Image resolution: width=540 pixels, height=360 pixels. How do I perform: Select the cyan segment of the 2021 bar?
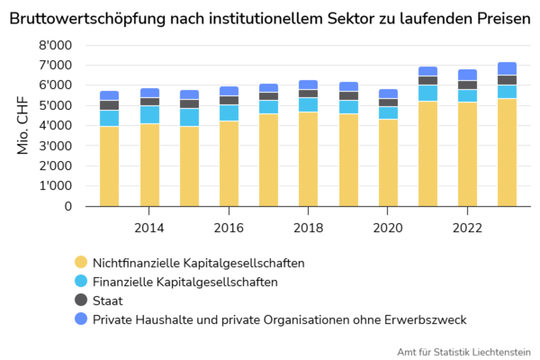[427, 93]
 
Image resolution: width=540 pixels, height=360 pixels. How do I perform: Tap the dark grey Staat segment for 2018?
[308, 94]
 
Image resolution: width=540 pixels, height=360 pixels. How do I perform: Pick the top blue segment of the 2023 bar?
[507, 68]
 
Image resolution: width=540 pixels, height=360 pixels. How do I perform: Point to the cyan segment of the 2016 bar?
[229, 112]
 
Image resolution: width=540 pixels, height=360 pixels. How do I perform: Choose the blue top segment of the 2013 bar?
[110, 95]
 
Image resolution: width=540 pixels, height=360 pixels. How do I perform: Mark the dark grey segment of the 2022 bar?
[467, 85]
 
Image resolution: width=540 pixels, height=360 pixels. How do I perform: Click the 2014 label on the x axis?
[149, 228]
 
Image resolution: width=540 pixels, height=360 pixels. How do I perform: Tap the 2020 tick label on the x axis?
[388, 228]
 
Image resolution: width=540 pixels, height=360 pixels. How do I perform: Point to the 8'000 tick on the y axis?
[57, 45]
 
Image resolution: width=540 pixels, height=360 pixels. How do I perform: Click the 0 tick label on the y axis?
[67, 206]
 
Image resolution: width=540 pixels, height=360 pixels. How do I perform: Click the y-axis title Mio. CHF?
[23, 126]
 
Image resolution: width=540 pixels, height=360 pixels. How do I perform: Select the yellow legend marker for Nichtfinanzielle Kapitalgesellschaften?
[80, 263]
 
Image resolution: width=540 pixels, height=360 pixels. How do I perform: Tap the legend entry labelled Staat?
[108, 301]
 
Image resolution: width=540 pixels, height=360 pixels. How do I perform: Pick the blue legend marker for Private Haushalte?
[80, 319]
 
